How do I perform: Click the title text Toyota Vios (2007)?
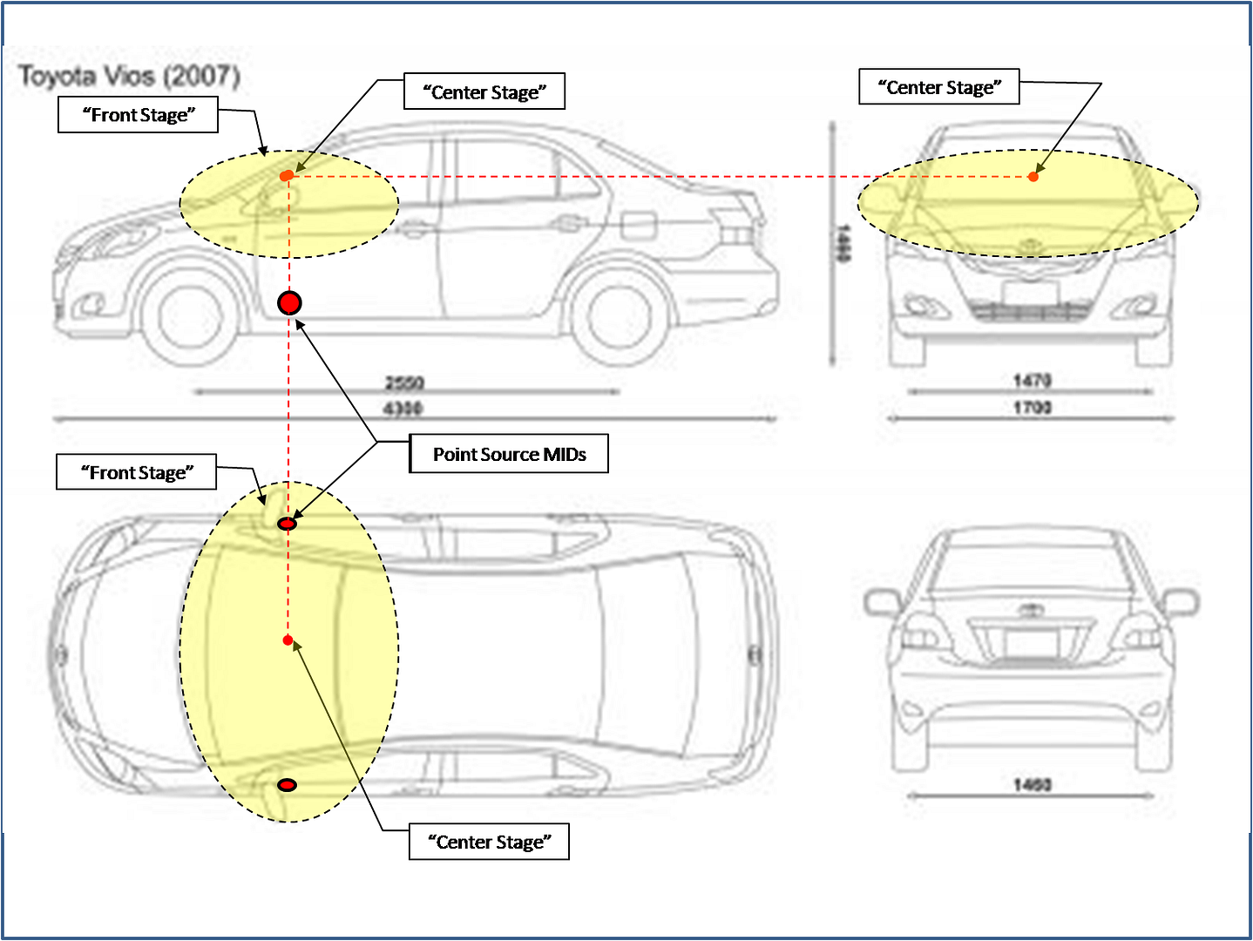130,77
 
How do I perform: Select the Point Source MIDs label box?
509,454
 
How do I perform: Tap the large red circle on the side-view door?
289,303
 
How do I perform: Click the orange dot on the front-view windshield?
1033,177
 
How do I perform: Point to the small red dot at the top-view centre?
288,640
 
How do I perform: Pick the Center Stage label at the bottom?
489,842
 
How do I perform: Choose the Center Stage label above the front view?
939,87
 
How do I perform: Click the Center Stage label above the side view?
484,91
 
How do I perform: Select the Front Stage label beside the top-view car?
137,472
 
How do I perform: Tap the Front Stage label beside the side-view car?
138,115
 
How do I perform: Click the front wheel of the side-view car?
188,316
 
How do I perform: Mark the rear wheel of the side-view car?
620,316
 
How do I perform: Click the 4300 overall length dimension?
403,409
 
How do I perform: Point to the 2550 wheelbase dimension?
404,382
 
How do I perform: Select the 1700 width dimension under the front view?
1032,407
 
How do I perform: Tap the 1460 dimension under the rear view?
1033,785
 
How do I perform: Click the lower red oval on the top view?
287,785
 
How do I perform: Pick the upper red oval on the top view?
287,524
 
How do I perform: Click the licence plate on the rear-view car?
1032,643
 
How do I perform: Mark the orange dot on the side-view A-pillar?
287,176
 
